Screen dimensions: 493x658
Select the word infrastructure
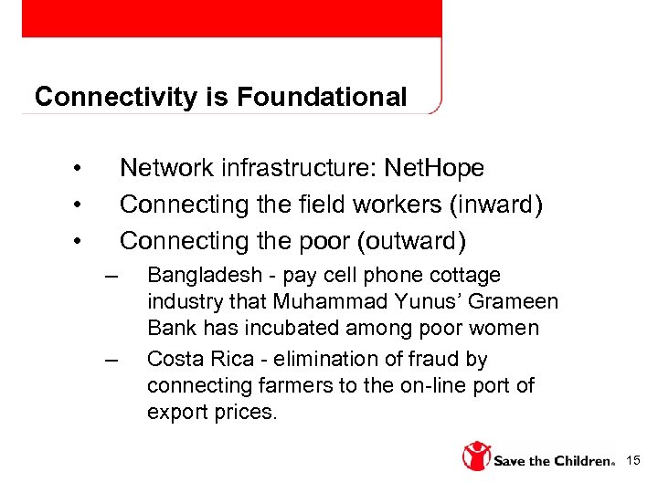[x=295, y=168]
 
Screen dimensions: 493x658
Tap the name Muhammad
[x=342, y=301]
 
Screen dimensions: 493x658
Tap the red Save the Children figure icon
[x=476, y=456]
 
